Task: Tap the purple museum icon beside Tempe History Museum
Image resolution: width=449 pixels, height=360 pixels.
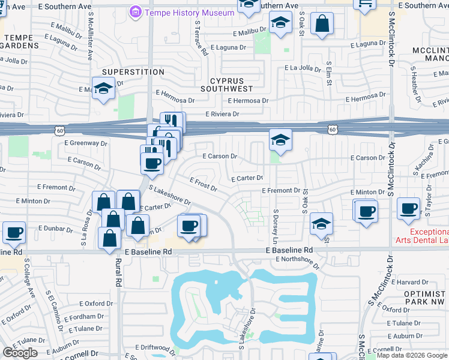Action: pos(135,12)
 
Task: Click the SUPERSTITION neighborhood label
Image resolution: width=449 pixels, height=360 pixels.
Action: pos(128,72)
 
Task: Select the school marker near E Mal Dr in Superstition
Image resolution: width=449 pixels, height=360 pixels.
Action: pos(104,88)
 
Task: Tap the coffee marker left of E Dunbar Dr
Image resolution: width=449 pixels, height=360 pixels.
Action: pos(14,232)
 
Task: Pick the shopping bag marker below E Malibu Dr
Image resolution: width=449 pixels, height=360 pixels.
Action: pos(322,25)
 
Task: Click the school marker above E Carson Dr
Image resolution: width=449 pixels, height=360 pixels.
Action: pos(280,139)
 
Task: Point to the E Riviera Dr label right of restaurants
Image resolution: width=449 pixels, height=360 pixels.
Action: pos(222,113)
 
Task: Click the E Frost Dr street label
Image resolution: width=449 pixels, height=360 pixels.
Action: pos(203,183)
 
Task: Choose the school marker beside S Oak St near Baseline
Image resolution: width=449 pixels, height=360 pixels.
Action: pos(322,224)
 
